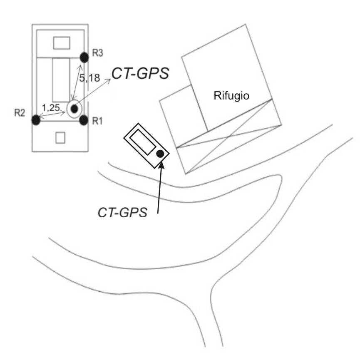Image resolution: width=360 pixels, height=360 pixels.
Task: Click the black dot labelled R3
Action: (84, 57)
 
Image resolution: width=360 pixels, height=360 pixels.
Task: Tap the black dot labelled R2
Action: (36, 120)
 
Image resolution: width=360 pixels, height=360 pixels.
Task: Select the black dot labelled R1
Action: (84, 120)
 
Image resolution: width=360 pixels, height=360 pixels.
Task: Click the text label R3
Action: (97, 53)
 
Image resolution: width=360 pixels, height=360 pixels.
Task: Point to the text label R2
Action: (20, 113)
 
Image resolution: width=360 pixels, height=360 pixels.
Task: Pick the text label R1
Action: (97, 121)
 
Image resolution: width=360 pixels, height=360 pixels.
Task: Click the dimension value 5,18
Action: (89, 78)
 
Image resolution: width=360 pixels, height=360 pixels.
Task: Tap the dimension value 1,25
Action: (51, 107)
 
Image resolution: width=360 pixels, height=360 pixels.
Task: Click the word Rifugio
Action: (231, 95)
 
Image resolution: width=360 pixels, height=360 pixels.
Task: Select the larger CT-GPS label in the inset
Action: (140, 73)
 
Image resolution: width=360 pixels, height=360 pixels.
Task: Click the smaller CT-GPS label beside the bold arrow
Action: (122, 212)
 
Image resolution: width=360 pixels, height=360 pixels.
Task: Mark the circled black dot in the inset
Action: (74, 109)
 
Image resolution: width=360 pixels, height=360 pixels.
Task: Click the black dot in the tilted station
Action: (160, 154)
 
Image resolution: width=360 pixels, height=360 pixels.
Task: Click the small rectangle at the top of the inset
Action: (62, 43)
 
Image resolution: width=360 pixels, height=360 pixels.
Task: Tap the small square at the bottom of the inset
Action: (60, 138)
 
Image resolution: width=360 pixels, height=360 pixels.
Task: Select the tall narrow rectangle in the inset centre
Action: (61, 80)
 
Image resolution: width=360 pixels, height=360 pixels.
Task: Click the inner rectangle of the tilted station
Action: (142, 142)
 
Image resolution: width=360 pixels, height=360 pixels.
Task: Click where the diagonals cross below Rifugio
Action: (229, 137)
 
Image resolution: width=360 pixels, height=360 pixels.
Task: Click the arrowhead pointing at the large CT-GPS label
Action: (109, 80)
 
